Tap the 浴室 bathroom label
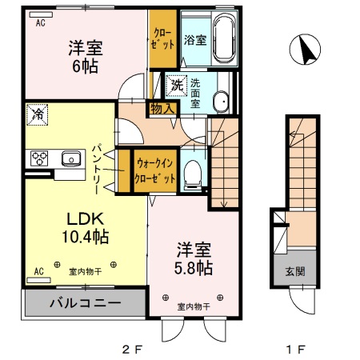click(194, 38)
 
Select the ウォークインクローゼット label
click(155, 170)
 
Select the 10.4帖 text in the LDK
click(82, 237)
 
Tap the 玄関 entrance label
click(295, 270)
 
